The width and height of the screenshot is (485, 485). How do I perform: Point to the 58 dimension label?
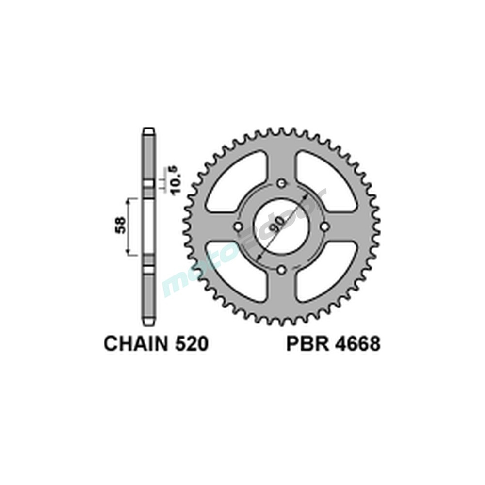tap(120, 226)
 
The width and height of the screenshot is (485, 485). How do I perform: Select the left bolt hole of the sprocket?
tap(238, 226)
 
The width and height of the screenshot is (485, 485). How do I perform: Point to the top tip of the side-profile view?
tap(148, 130)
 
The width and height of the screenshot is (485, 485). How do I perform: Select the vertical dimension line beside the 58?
tap(129, 226)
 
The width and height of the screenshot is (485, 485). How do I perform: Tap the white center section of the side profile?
tap(149, 226)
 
